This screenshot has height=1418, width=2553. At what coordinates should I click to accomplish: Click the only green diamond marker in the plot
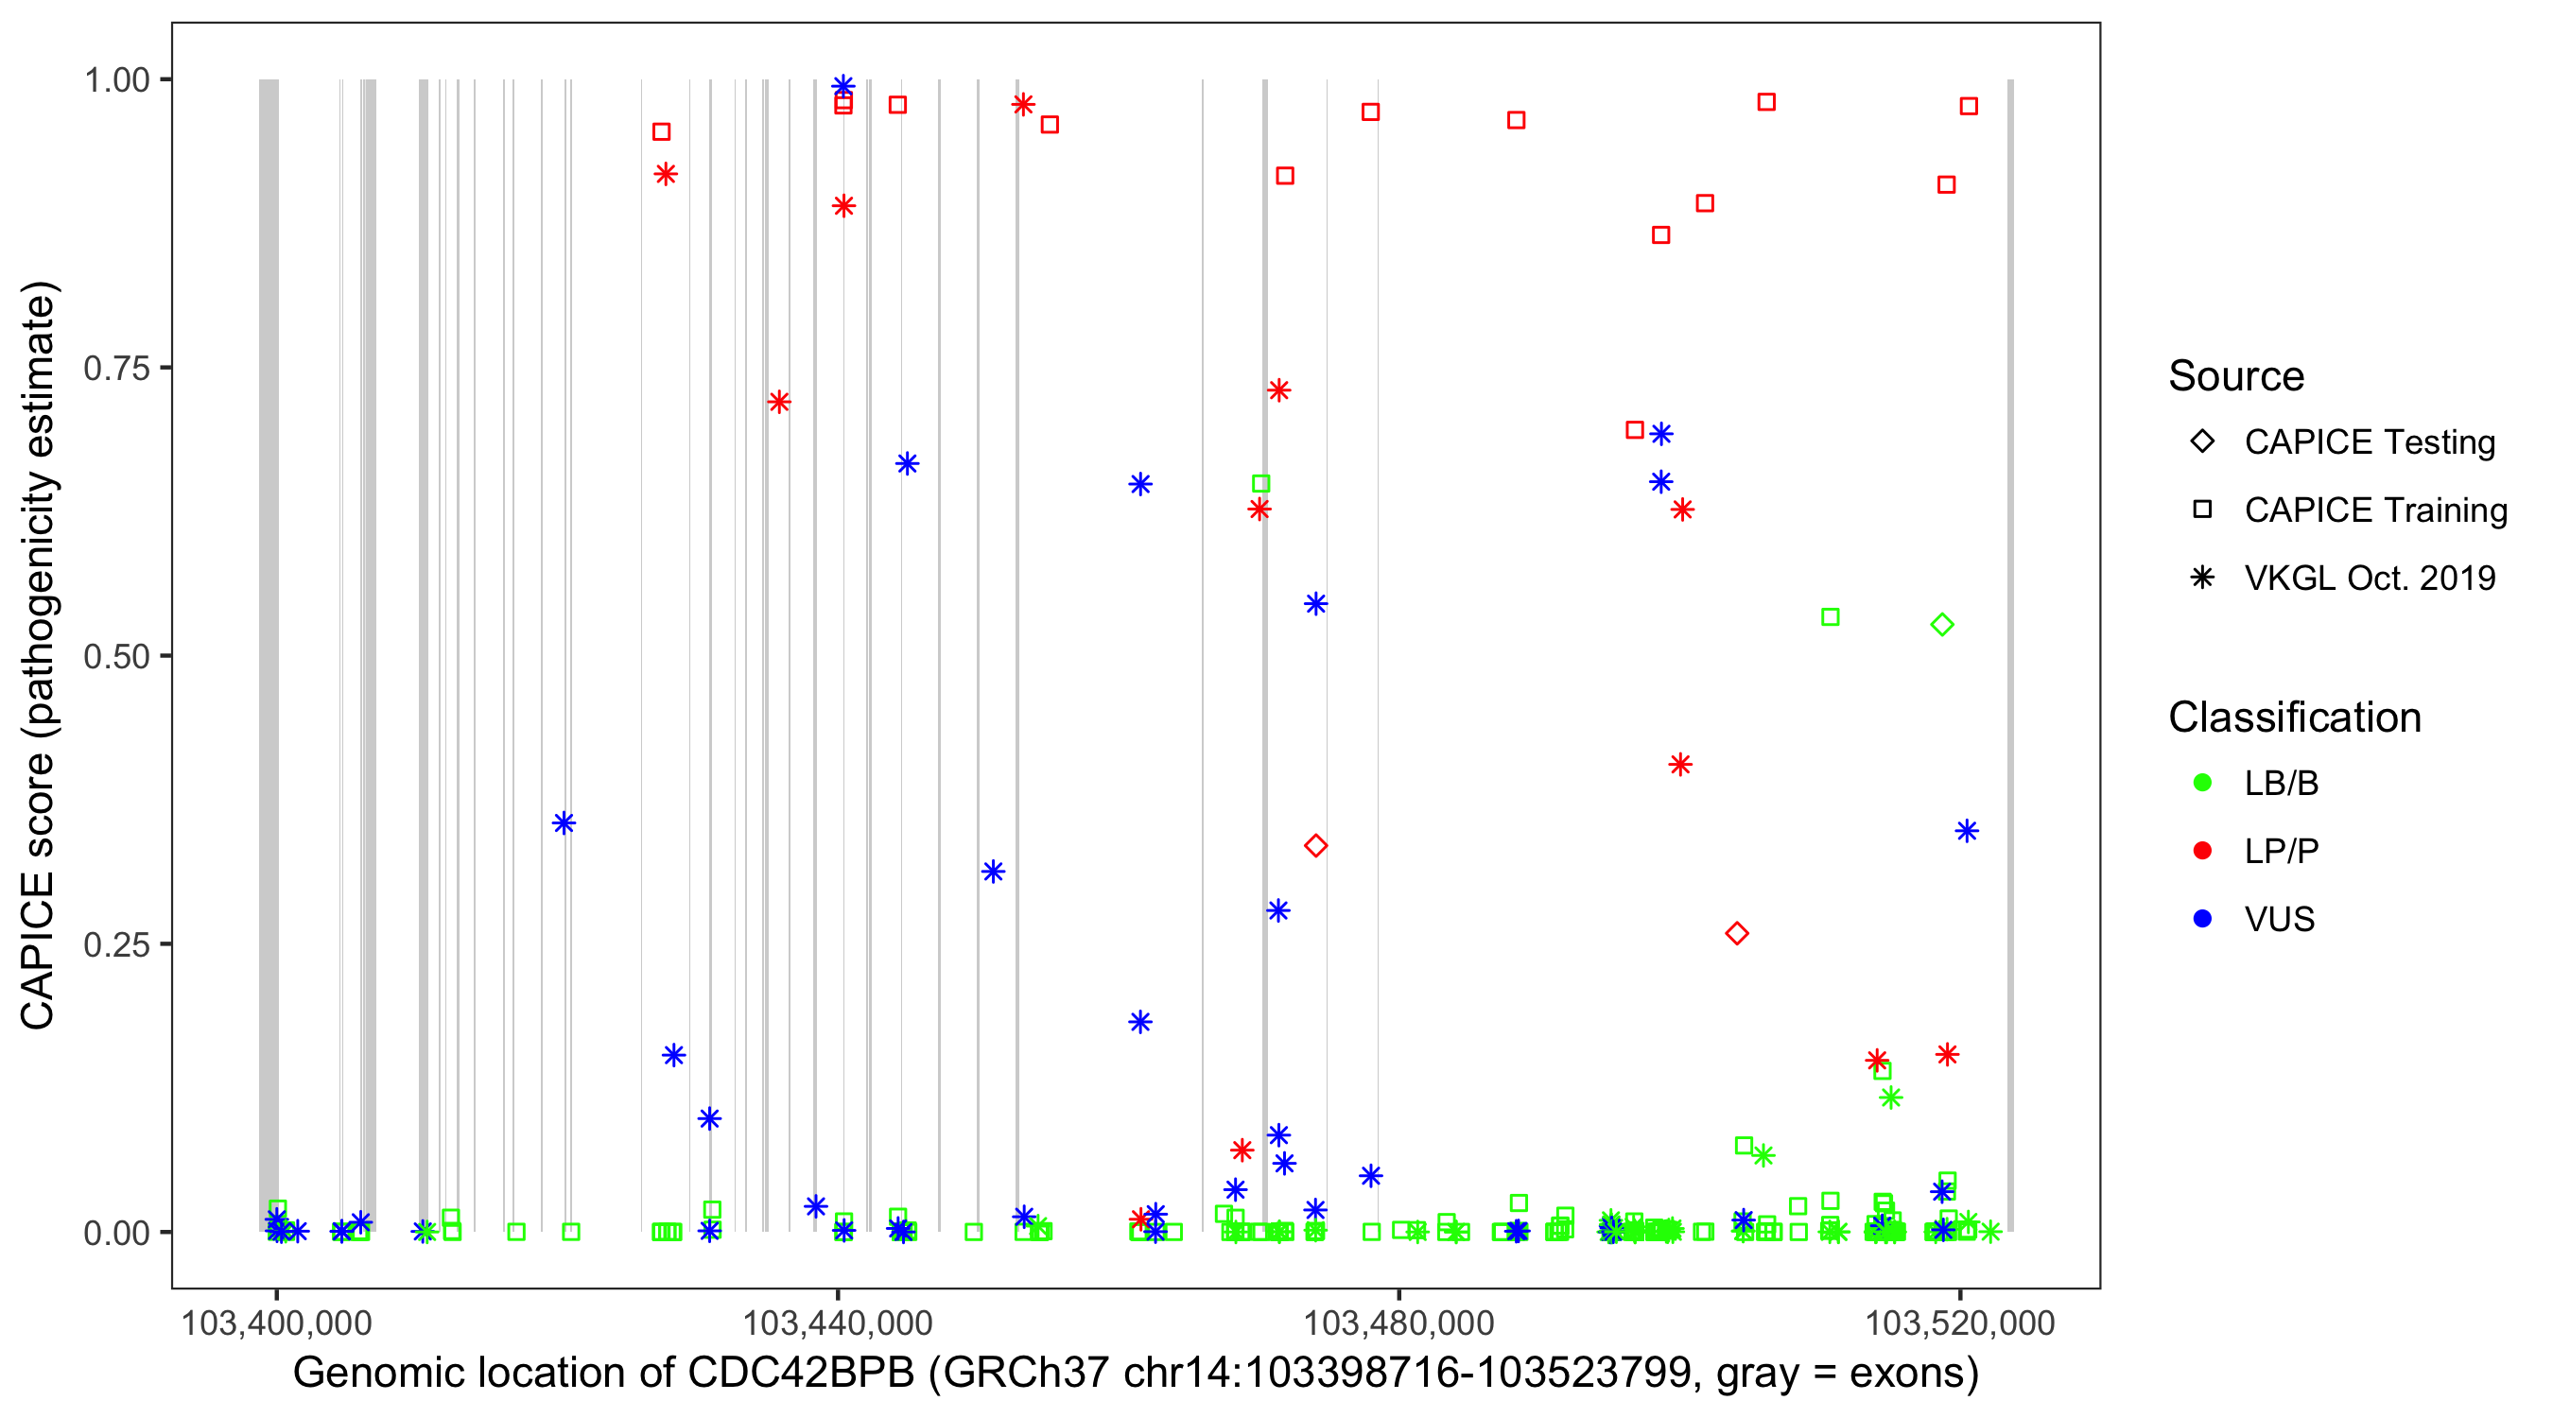[x=1941, y=624]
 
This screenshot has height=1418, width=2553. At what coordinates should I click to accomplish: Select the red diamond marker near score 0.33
[x=1315, y=845]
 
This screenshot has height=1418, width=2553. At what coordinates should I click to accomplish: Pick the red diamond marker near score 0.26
[x=1736, y=932]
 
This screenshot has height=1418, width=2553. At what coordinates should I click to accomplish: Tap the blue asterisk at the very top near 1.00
[x=843, y=86]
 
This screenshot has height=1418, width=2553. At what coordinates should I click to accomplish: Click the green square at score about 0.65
[x=1260, y=484]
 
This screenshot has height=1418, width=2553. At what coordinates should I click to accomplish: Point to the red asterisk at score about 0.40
[x=1680, y=764]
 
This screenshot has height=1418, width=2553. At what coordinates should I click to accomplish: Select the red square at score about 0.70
[x=1635, y=430]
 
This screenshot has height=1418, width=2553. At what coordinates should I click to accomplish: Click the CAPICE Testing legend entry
[x=2369, y=442]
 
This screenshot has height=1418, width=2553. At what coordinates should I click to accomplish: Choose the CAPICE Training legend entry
[x=2374, y=510]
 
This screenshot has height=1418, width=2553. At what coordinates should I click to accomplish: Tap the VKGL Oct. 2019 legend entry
[x=2369, y=579]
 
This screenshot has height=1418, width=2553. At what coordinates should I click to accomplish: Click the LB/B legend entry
[x=2281, y=783]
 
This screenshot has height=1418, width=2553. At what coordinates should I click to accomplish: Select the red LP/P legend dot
[x=2202, y=851]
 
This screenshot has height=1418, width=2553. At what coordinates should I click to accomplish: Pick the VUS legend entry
[x=2279, y=920]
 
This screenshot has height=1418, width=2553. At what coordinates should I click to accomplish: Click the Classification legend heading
[x=2294, y=718]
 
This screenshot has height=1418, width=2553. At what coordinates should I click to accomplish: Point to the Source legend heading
[x=2236, y=376]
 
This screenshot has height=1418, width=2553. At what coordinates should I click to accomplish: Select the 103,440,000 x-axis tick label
[x=838, y=1323]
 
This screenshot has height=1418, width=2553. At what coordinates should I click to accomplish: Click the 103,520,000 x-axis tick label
[x=1959, y=1323]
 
